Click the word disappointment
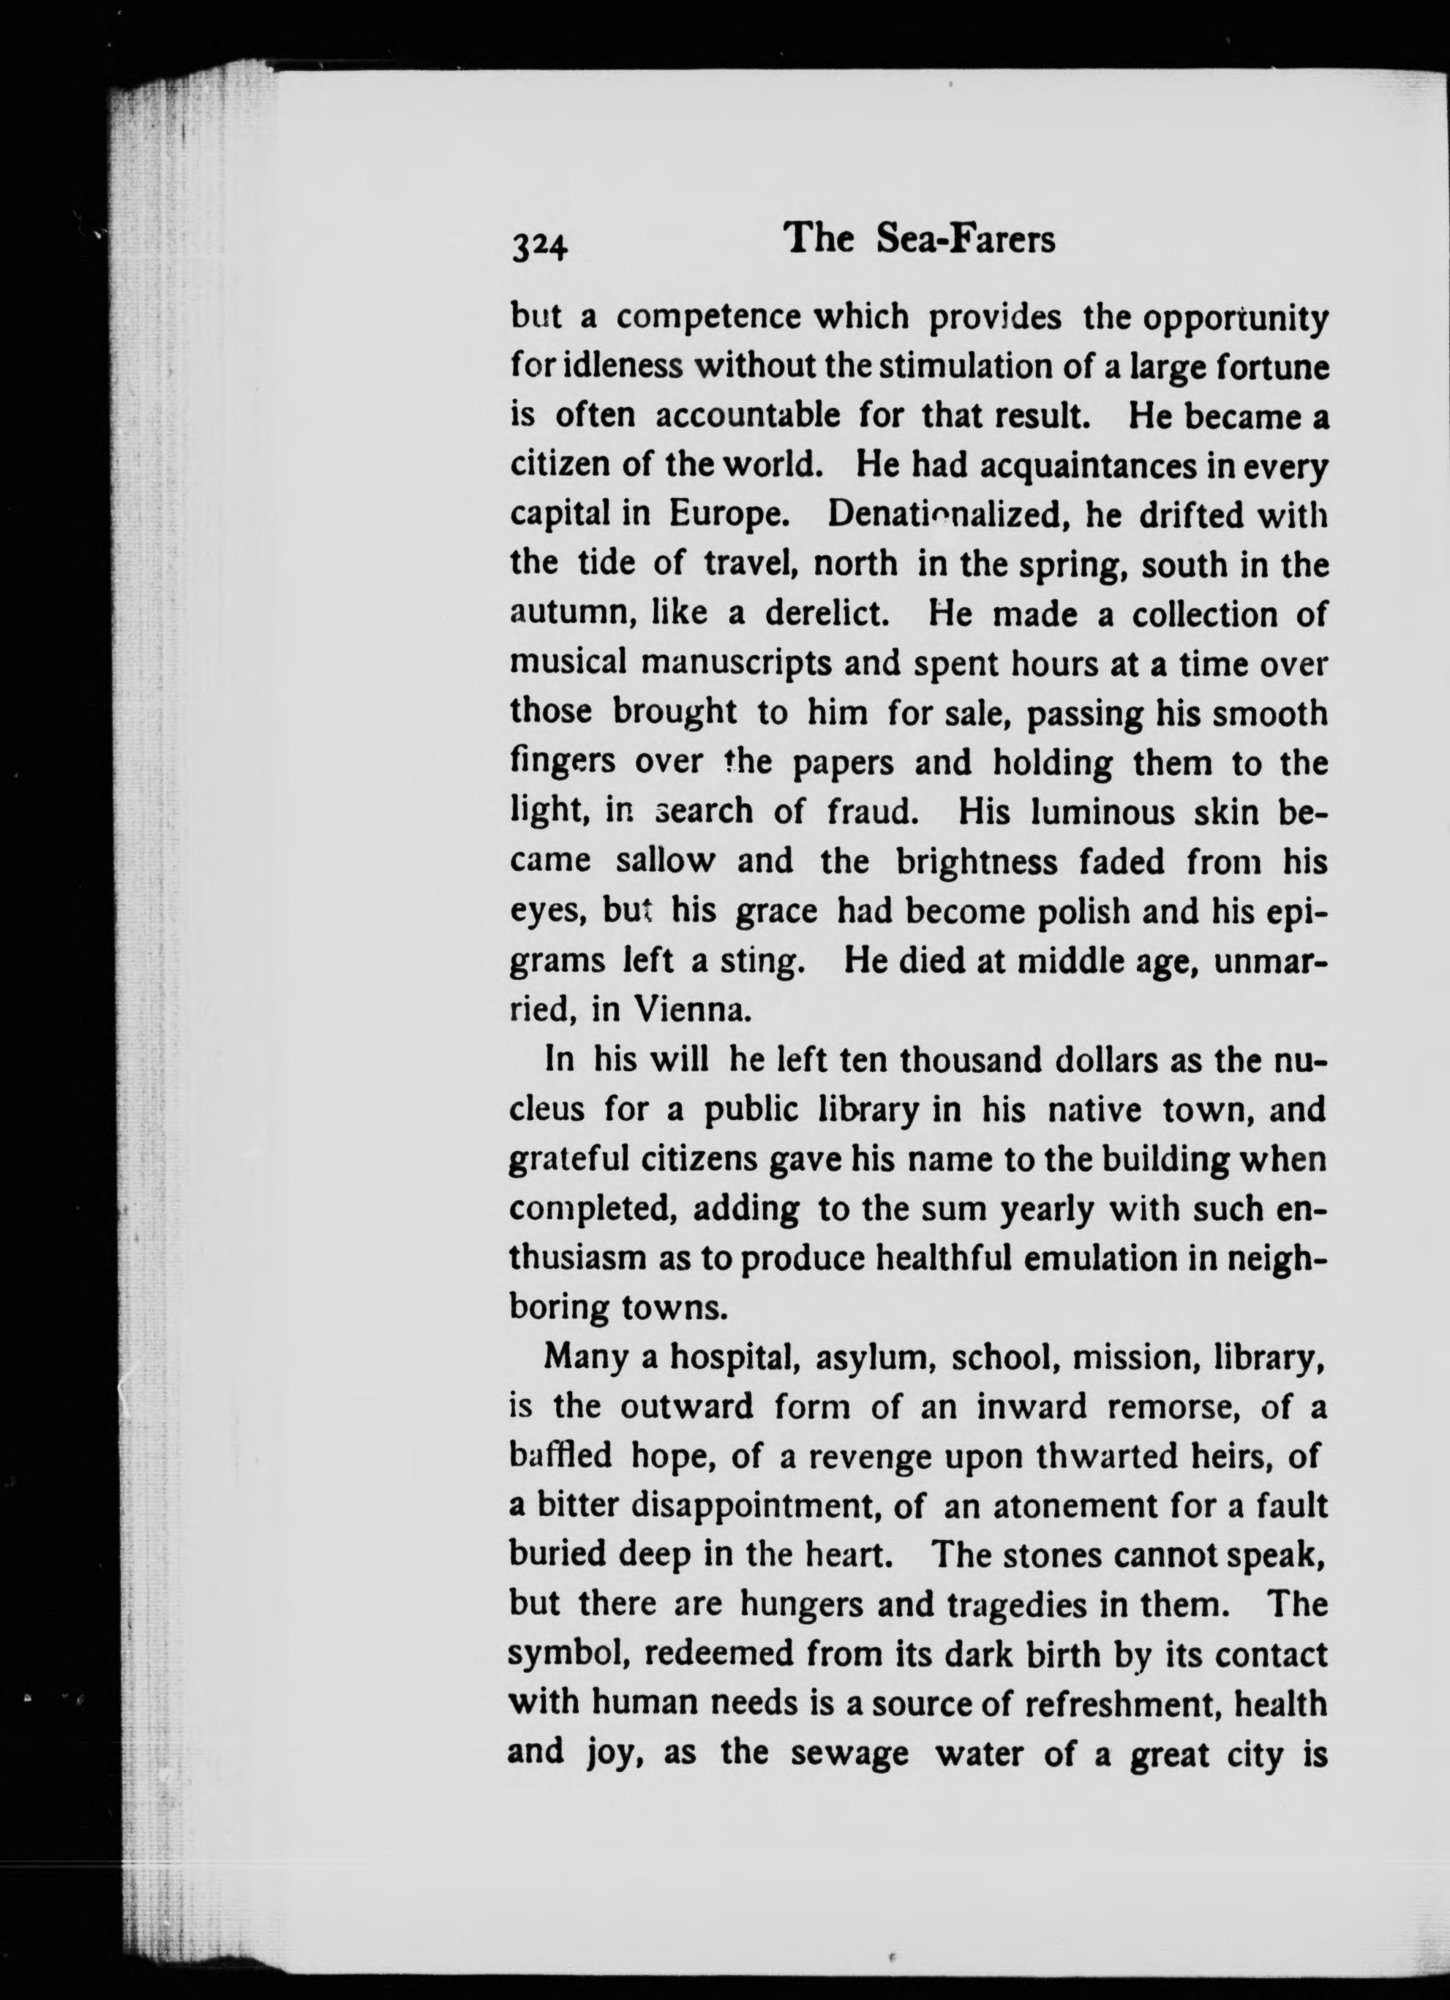click(x=758, y=1504)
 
